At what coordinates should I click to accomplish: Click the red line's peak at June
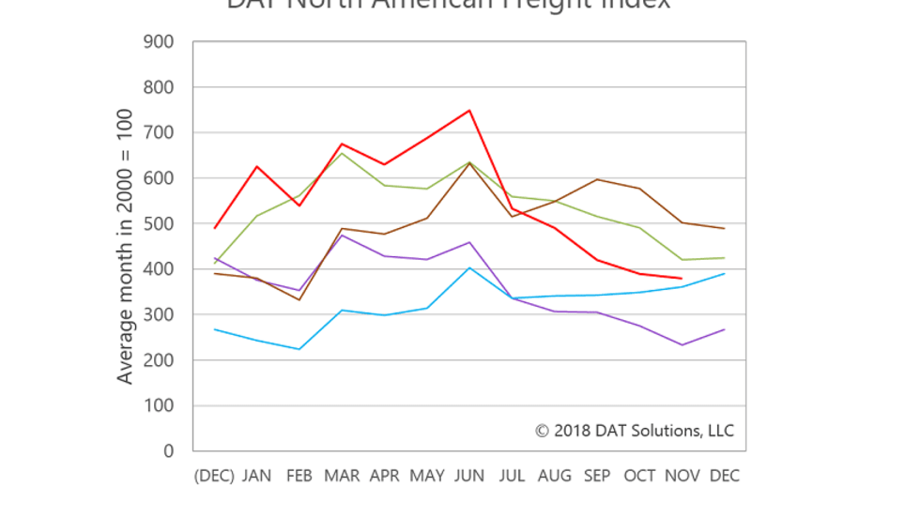469,111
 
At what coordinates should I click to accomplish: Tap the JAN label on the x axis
256,476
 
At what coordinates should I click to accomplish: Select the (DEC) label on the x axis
214,476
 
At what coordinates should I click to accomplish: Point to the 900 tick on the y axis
159,42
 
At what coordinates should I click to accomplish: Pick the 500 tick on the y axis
159,224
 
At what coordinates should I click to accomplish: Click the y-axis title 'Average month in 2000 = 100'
125,246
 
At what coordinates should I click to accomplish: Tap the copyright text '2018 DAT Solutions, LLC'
636,431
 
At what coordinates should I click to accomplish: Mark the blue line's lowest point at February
299,349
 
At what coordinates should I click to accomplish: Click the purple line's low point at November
682,345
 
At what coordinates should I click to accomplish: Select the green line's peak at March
342,153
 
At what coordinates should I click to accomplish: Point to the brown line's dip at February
299,299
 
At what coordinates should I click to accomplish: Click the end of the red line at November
682,279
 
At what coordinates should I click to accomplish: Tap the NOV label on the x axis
682,476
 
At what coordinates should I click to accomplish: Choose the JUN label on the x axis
469,476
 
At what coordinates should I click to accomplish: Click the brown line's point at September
597,179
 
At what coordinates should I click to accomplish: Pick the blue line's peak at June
469,268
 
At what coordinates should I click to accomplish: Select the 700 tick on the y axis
159,133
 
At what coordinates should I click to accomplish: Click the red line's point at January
256,166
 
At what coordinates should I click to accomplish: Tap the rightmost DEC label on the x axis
724,476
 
